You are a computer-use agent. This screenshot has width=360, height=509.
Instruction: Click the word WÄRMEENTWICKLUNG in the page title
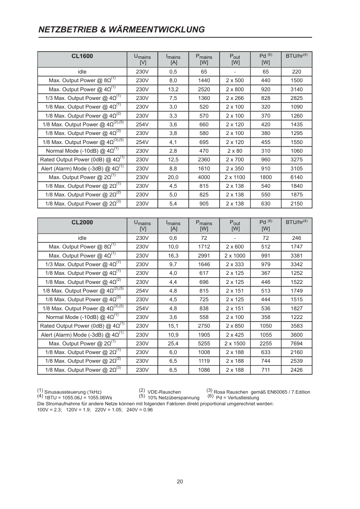coord(157,30)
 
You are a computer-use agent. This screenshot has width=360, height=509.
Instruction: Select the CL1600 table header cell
coord(82,57)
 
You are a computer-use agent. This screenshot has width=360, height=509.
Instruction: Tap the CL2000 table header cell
coord(82,222)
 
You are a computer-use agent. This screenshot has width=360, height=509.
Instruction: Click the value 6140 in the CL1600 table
coord(297,177)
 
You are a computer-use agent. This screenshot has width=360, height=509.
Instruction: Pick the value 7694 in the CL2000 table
coord(297,343)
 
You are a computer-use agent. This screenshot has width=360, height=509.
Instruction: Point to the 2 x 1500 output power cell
coord(235,343)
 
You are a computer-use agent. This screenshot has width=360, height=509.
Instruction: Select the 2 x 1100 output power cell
coord(235,177)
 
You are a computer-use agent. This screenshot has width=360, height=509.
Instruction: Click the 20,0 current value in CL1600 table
coord(173,177)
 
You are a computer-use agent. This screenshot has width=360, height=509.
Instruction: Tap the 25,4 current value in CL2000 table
coord(173,343)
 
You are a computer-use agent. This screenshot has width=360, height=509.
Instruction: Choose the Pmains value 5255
coord(204,343)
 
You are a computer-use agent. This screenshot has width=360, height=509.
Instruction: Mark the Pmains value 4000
coord(204,177)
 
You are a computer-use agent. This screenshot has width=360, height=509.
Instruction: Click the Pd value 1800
coord(266,177)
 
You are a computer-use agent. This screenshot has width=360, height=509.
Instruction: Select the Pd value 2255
coord(266,343)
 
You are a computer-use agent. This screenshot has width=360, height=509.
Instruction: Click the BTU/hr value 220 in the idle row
coord(297,72)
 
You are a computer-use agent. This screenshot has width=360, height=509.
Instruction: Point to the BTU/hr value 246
coord(297,238)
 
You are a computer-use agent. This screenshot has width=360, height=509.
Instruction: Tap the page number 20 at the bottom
coord(180,481)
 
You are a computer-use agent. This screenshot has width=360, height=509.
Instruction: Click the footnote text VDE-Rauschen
coord(164,392)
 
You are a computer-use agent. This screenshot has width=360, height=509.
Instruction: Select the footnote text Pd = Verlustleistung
coord(237,398)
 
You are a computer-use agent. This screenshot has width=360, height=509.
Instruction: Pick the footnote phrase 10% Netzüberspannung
coord(174,398)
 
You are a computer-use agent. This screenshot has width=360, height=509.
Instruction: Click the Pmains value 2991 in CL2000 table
coord(204,256)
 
